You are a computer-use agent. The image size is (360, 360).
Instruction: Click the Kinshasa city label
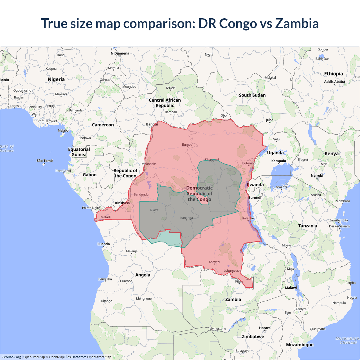(122, 203)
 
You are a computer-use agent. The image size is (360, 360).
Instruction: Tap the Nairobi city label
(317, 175)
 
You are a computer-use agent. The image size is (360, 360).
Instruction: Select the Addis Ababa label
(334, 82)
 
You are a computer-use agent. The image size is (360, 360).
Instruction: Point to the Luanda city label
(103, 244)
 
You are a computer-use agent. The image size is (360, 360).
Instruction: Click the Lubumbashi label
(232, 271)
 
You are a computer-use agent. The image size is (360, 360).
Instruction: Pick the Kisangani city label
(212, 160)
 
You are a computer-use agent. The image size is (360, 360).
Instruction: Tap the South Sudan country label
(252, 95)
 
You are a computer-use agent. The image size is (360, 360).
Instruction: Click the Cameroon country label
(103, 125)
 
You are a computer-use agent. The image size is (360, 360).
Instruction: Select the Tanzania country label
(307, 226)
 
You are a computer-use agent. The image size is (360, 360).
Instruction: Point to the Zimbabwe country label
(253, 336)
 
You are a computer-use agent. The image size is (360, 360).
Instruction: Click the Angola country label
(143, 275)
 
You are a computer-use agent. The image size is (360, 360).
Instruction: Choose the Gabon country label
(89, 175)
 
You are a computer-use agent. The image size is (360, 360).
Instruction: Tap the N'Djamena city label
(120, 53)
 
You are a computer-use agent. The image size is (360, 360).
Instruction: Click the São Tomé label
(45, 161)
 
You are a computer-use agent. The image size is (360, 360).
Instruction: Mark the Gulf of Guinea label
(7, 148)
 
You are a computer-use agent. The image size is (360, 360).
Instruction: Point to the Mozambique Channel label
(348, 340)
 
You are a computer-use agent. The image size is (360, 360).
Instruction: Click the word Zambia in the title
(297, 23)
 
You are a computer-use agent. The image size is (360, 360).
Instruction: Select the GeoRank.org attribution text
(11, 357)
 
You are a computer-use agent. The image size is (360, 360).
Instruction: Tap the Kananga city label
(186, 218)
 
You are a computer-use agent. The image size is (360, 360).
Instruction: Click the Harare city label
(265, 328)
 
